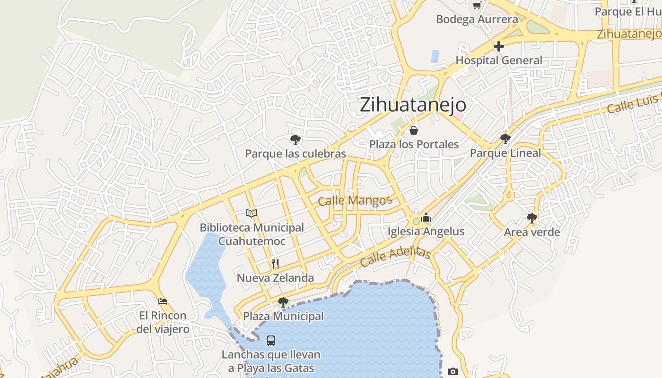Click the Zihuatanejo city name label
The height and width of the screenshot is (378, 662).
click(413, 104)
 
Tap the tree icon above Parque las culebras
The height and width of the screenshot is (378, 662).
click(296, 139)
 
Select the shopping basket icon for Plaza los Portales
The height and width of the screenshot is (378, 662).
click(414, 130)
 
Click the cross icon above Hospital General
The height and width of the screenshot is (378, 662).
click(498, 46)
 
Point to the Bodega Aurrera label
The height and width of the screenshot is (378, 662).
click(477, 19)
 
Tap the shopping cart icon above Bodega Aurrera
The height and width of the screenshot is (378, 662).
click(477, 5)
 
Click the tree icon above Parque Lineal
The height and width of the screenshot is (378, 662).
click(505, 138)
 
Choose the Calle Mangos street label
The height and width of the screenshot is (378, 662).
click(355, 201)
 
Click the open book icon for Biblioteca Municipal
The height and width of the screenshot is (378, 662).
click(252, 214)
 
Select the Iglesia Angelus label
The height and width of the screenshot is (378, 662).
click(426, 232)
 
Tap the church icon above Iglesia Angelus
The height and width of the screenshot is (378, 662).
click(426, 218)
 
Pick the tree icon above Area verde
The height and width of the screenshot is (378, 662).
click(531, 218)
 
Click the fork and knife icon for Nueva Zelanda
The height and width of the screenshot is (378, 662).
click(275, 264)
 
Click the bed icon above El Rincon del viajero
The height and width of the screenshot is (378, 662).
click(163, 301)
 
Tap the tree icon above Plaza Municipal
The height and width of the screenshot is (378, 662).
click(283, 302)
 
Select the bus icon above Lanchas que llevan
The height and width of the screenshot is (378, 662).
click(271, 340)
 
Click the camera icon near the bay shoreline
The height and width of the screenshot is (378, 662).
click(453, 372)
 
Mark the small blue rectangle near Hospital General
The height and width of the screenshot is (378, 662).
click(435, 56)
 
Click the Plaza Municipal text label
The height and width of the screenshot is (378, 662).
click(283, 316)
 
